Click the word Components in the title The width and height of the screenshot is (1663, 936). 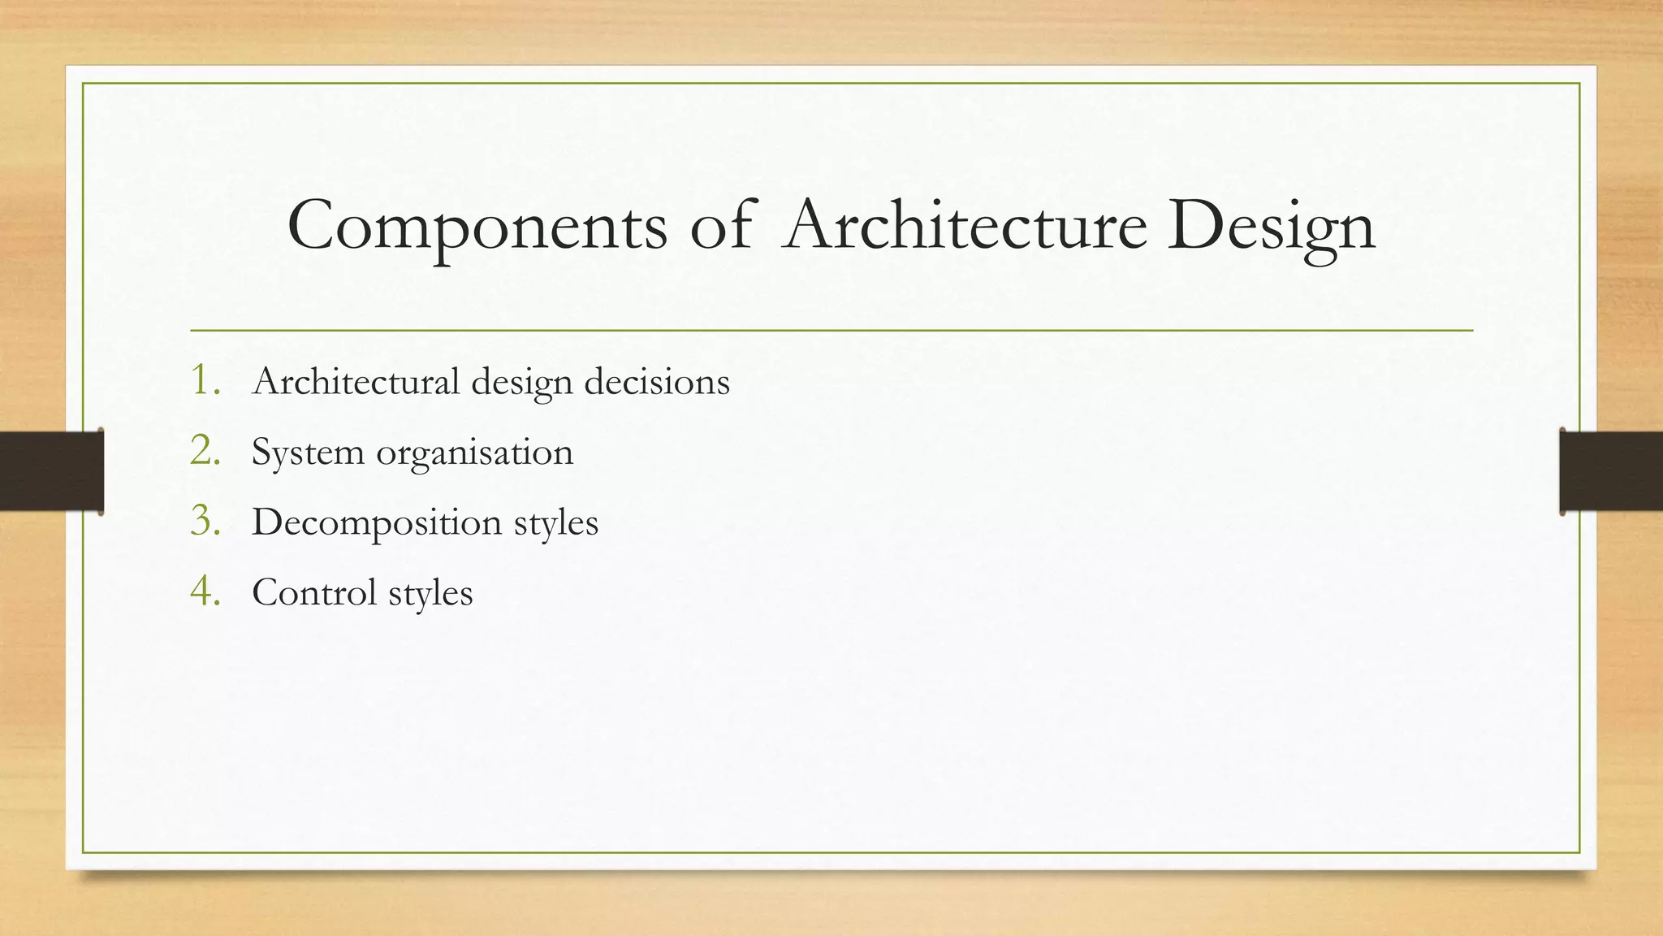(477, 226)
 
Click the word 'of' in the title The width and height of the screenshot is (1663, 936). (720, 225)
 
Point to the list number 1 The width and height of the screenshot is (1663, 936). (205, 380)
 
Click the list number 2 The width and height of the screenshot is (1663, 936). (205, 451)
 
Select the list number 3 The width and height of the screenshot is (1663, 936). (205, 521)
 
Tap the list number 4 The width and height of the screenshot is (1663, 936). (205, 591)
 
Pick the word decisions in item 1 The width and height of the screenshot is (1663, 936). (657, 381)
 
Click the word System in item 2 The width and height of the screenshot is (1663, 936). (308, 453)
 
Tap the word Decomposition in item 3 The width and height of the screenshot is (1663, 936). (377, 522)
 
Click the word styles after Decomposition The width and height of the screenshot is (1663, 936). (556, 522)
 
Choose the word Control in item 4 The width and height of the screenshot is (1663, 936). (314, 592)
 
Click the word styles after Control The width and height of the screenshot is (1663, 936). (430, 593)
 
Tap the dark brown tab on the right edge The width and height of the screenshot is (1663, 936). (1611, 471)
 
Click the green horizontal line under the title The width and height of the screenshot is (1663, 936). (831, 331)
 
